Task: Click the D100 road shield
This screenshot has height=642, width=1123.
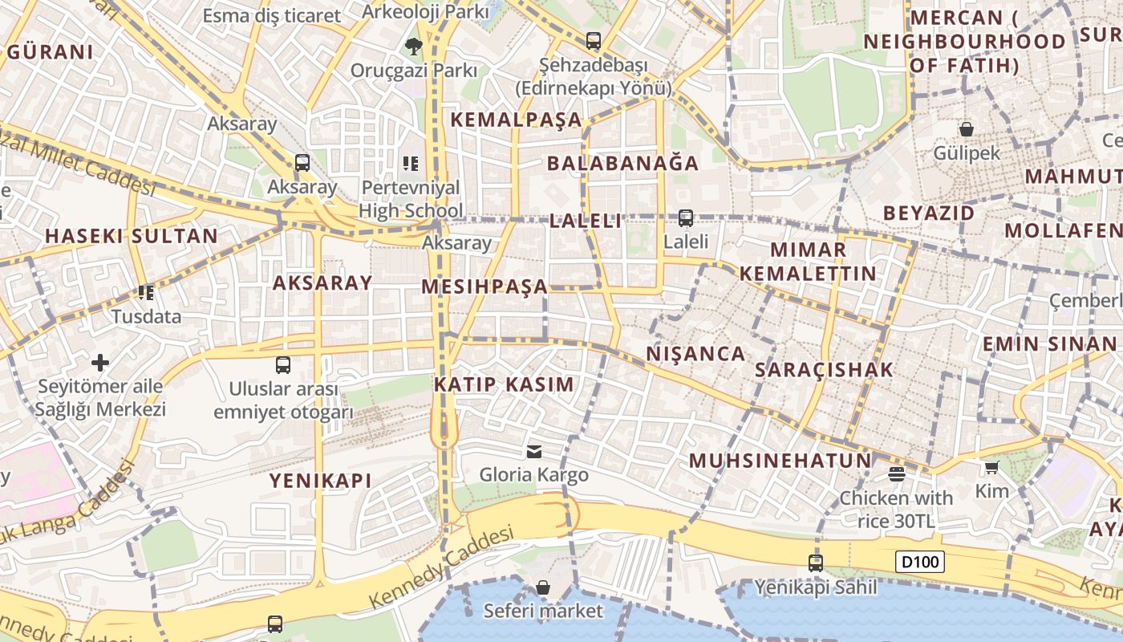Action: click(919, 562)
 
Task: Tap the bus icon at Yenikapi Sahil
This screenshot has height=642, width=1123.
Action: click(816, 563)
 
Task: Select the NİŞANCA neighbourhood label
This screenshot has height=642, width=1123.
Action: click(695, 354)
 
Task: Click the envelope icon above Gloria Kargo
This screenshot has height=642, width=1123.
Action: click(534, 452)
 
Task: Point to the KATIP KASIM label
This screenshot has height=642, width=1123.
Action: click(505, 384)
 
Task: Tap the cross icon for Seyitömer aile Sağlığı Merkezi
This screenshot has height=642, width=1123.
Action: click(100, 363)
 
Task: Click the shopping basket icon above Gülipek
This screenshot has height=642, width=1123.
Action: click(967, 128)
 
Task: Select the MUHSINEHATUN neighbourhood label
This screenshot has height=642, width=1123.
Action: click(780, 461)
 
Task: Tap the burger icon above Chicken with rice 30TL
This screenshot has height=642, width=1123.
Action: click(896, 473)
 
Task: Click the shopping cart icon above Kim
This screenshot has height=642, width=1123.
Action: click(992, 467)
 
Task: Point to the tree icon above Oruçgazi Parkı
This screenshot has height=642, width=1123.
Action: click(413, 46)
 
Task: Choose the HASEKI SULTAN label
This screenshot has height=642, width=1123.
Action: click(132, 236)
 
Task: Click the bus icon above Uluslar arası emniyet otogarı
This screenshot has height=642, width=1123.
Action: click(283, 365)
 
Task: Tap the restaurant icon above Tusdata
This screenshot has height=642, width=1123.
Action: click(145, 292)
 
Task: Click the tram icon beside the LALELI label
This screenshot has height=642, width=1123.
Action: click(686, 217)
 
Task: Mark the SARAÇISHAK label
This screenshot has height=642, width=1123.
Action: click(824, 370)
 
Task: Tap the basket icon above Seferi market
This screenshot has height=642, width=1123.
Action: click(543, 587)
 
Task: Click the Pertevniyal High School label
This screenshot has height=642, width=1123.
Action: click(411, 199)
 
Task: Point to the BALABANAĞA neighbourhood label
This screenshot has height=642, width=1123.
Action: click(622, 163)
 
